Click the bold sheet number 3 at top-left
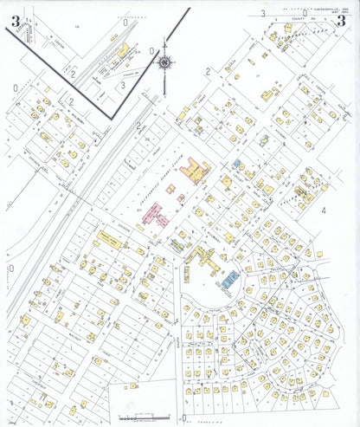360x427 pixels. (x=15, y=21)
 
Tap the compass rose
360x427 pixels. (x=165, y=61)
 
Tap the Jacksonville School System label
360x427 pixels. (x=159, y=183)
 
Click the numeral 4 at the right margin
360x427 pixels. (x=324, y=210)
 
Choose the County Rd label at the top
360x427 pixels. (x=301, y=20)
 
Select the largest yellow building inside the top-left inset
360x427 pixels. (x=122, y=51)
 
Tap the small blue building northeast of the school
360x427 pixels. (x=236, y=163)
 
